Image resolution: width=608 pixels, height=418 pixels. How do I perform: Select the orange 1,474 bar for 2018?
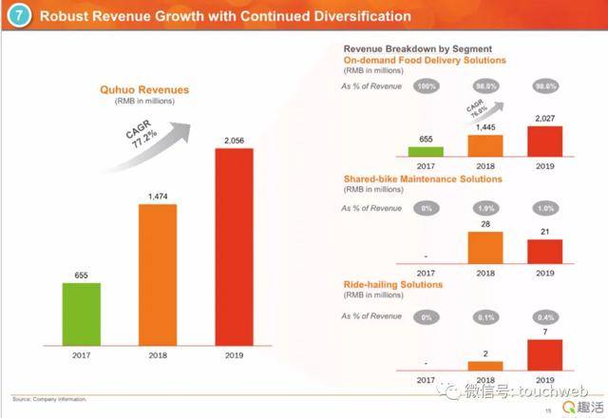158,275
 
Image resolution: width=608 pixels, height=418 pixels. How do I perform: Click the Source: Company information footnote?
48,398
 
